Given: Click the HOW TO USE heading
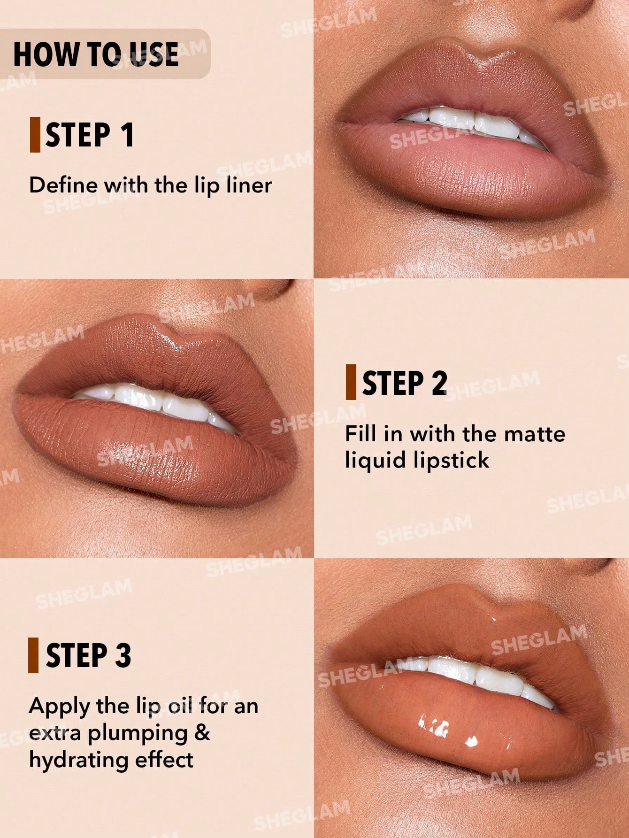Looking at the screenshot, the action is tap(96, 54).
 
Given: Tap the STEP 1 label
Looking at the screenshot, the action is tap(90, 135).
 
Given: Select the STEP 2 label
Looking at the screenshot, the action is tap(405, 383).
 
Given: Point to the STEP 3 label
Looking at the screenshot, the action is tap(89, 655).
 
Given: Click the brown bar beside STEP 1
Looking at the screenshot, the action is tap(35, 135).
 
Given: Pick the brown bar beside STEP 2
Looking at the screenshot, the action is tap(351, 382).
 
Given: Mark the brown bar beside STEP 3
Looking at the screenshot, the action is tap(33, 655).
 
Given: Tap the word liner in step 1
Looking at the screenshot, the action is tap(249, 185).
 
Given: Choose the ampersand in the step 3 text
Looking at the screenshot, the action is tap(202, 732).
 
